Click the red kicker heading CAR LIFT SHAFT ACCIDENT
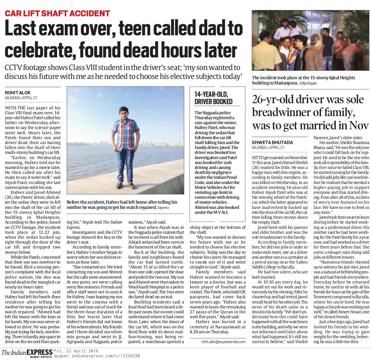(57, 14)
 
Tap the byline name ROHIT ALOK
(18, 92)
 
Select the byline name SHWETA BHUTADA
(272, 142)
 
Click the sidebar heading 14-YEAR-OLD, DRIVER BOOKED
(213, 98)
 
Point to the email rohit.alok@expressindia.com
(223, 342)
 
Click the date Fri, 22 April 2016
(76, 351)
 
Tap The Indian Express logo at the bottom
(27, 352)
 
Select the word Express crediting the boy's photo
(163, 208)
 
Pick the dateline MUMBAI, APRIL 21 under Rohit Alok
(21, 98)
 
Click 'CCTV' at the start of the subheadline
(17, 68)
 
